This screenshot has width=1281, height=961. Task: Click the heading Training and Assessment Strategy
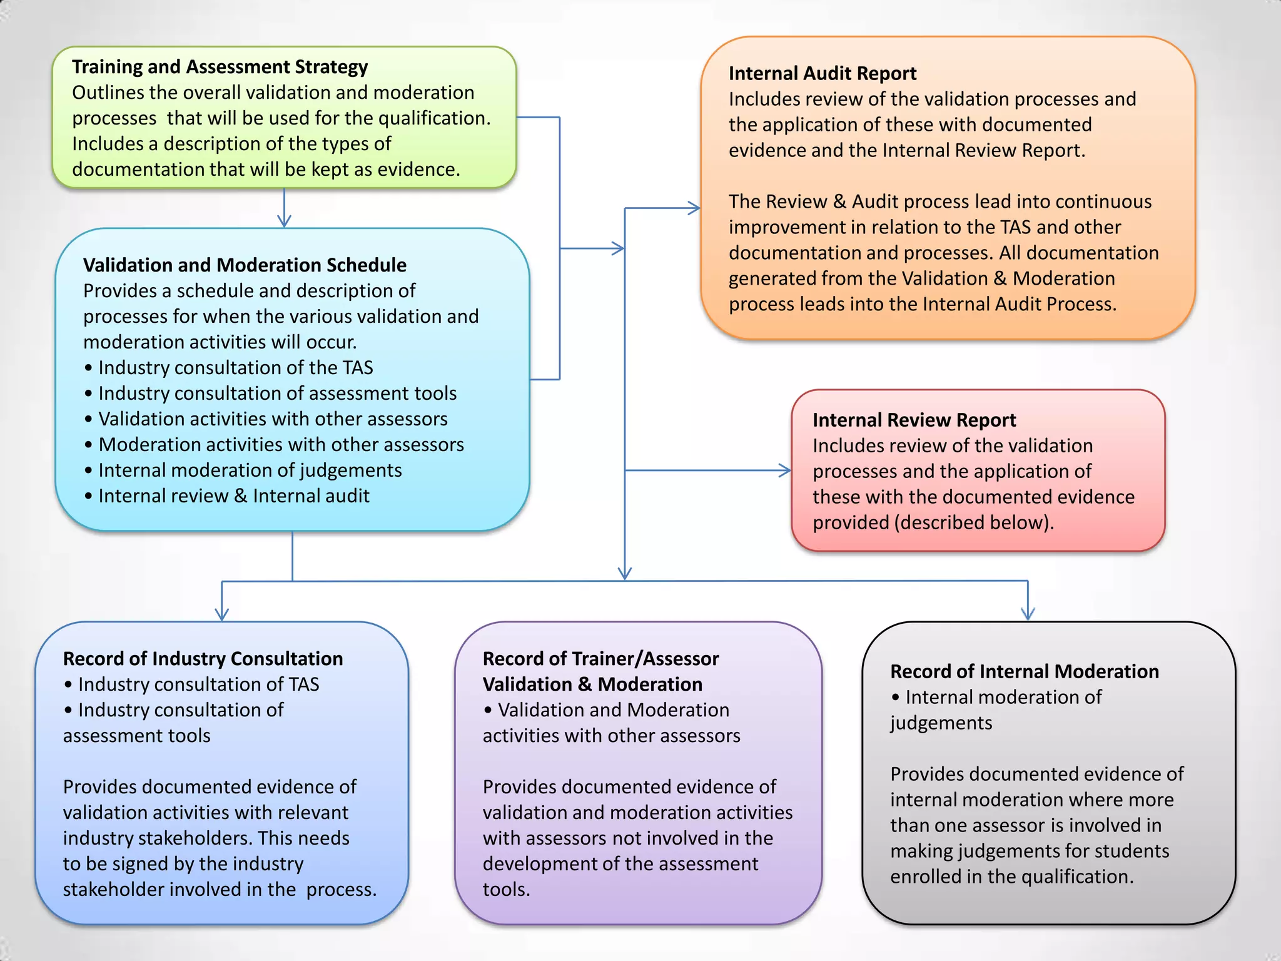click(220, 67)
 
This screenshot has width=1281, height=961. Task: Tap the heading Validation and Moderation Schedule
click(245, 265)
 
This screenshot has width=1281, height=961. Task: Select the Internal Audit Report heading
click(822, 74)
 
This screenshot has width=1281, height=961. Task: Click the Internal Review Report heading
click(914, 420)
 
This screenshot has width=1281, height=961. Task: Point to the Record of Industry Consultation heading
click(203, 659)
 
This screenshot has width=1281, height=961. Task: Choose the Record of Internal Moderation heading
click(1024, 671)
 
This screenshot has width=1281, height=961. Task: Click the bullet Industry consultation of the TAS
click(235, 368)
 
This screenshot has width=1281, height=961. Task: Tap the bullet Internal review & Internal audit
click(233, 496)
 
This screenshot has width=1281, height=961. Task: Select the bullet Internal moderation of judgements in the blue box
click(250, 470)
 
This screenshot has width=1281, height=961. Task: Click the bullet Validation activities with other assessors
click(273, 419)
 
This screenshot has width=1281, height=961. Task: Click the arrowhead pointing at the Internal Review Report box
click(785, 470)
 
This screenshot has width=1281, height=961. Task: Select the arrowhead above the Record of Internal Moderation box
click(1028, 613)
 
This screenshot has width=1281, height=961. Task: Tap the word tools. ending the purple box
click(506, 890)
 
